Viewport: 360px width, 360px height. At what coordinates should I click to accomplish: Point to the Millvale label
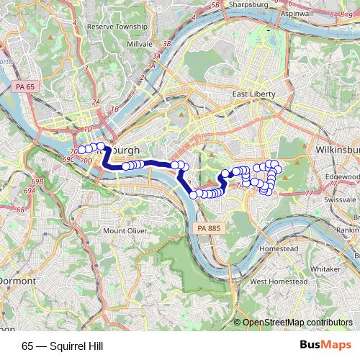coord(138,44)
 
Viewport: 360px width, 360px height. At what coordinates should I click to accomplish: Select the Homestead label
coord(279,248)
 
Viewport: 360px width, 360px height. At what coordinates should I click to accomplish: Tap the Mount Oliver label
coord(125,231)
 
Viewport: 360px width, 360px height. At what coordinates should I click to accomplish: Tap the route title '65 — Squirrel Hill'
coord(63,346)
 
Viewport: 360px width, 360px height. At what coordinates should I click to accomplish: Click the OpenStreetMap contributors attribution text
coord(297,323)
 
